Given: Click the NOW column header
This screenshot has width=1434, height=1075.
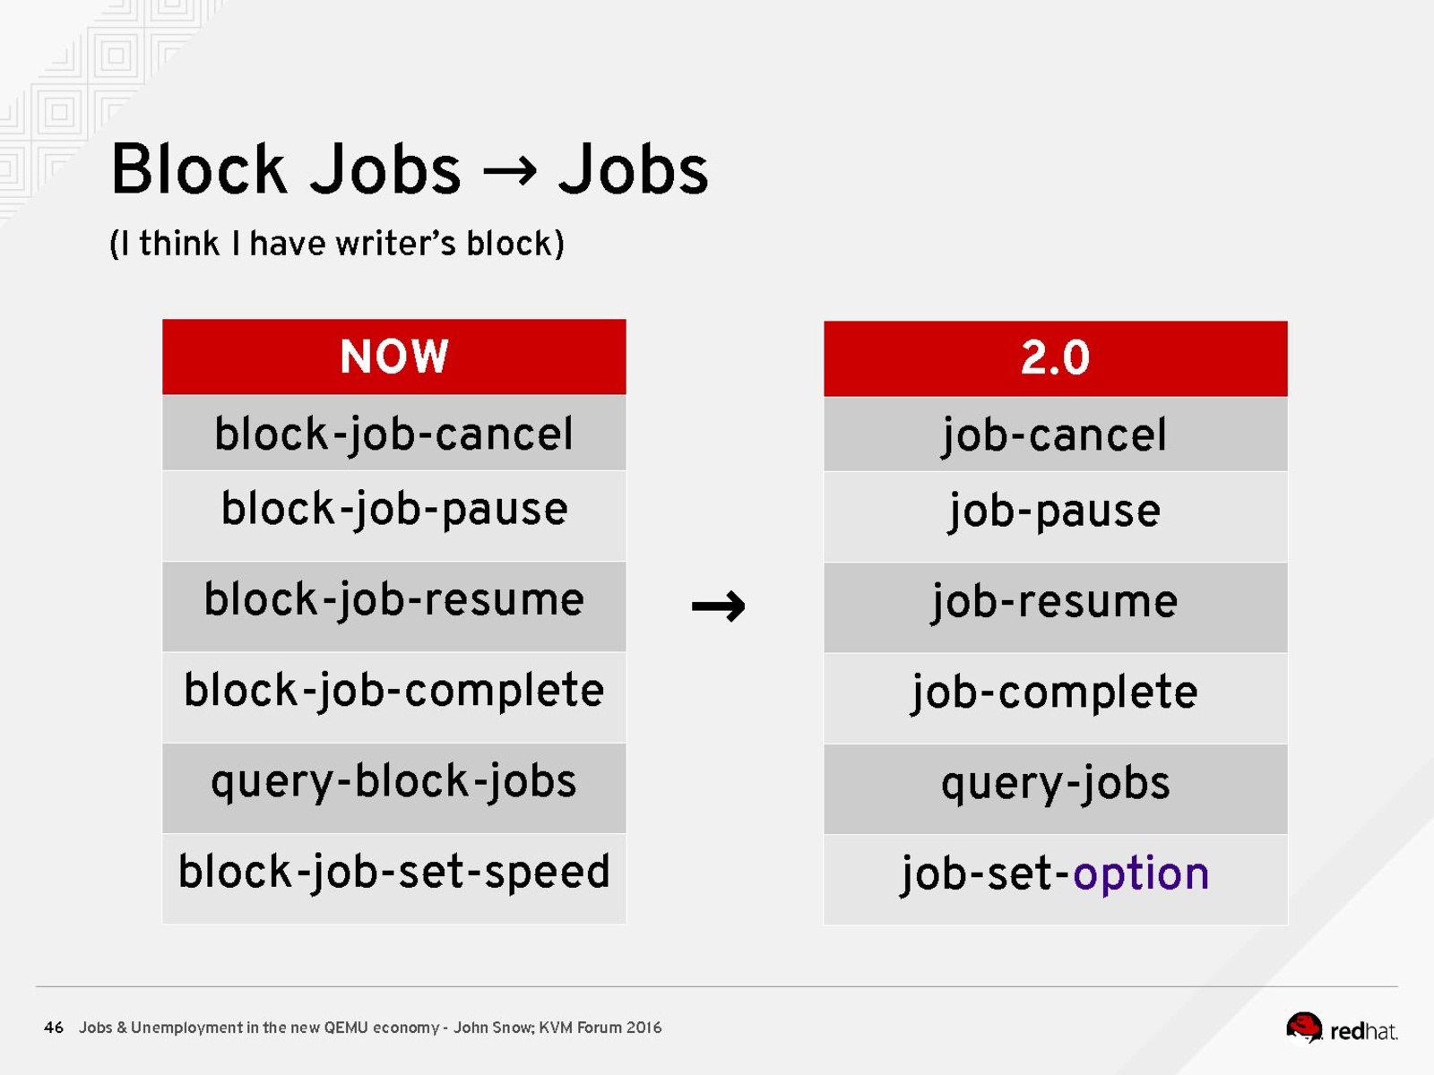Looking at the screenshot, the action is [394, 357].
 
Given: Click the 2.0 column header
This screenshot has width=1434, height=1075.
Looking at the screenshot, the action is [1055, 358].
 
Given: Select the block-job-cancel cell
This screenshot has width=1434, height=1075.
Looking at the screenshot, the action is [394, 433].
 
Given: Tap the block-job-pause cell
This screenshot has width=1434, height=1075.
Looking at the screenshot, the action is [394, 516].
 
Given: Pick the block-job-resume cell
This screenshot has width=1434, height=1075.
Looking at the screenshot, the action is [394, 606].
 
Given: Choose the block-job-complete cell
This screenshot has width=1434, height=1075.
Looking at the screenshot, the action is [394, 697].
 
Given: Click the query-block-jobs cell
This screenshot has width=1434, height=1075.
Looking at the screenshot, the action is [394, 787].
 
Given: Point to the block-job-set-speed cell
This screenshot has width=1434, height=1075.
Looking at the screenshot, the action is [394, 879].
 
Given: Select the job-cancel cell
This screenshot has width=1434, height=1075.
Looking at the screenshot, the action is [1055, 434].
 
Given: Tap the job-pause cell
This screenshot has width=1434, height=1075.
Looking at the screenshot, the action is [1055, 517].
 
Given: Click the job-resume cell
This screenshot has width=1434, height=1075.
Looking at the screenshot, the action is [1055, 607].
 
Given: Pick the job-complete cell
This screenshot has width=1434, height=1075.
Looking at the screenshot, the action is [1055, 699].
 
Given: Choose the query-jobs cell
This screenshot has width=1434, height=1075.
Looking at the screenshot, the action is [1055, 789].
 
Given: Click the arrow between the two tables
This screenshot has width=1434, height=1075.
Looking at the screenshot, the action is [718, 606].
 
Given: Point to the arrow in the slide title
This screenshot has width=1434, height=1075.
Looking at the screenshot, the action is [510, 171].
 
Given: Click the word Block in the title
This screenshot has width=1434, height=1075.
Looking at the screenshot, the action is [199, 169].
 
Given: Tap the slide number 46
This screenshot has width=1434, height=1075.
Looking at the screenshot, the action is [54, 1028].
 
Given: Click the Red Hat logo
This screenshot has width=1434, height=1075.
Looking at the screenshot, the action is [1342, 1028].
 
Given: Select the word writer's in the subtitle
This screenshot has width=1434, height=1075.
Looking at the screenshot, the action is [395, 244].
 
